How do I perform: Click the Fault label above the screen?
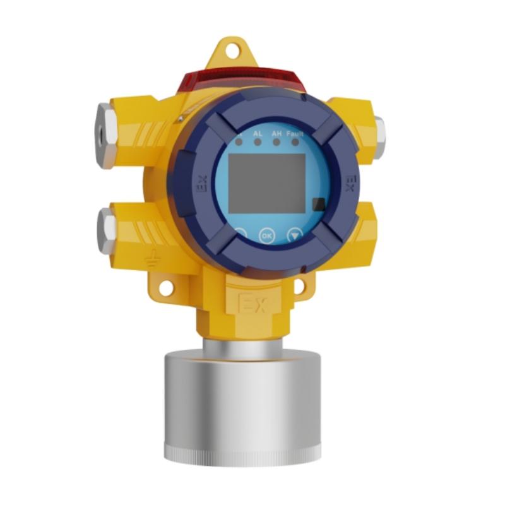click(x=295, y=134)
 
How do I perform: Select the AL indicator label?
click(x=258, y=134)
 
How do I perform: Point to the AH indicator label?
click(x=276, y=134)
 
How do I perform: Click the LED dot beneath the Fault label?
click(x=295, y=143)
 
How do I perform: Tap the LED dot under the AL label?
click(x=258, y=143)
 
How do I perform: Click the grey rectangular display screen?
click(x=266, y=182)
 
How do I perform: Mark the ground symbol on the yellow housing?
click(x=151, y=258)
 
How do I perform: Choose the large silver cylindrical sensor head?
click(x=242, y=404)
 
